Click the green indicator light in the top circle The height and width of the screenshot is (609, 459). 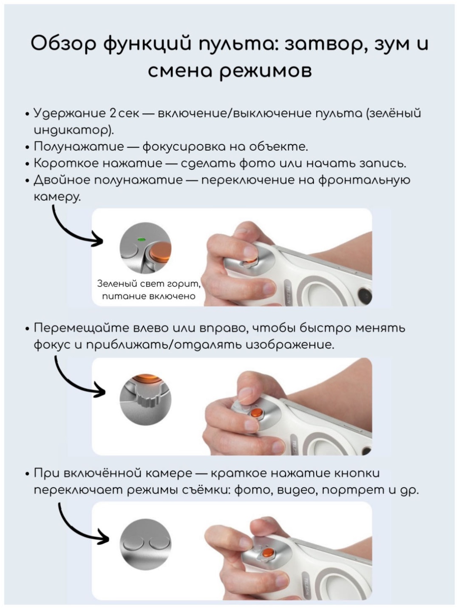(142, 239)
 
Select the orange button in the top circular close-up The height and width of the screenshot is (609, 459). (160, 253)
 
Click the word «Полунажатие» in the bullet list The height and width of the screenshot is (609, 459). (79, 146)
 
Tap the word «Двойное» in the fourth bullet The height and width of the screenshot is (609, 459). (63, 180)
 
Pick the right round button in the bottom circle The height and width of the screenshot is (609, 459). (159, 542)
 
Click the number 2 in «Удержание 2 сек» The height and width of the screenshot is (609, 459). (113, 113)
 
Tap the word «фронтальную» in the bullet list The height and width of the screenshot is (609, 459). (364, 181)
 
